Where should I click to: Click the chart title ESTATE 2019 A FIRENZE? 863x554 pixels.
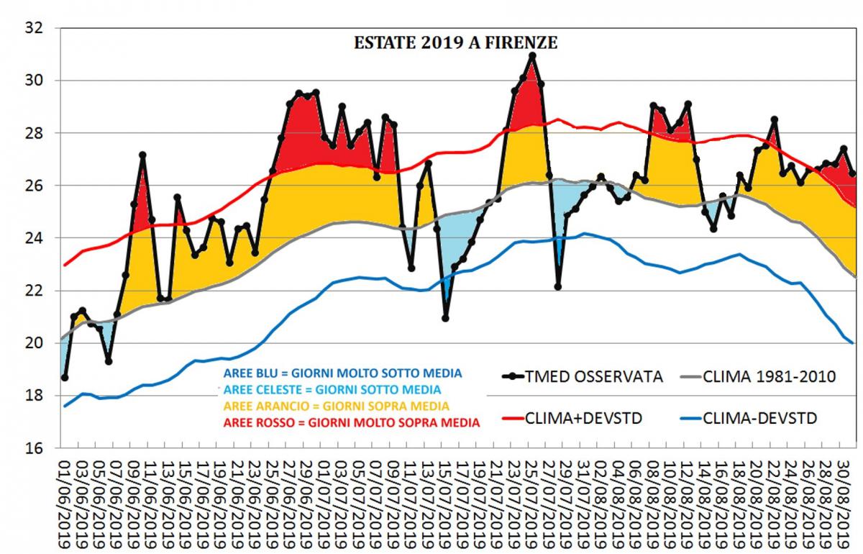click(455, 42)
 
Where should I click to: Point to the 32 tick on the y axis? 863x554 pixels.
click(35, 28)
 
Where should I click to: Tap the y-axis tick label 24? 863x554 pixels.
click(35, 238)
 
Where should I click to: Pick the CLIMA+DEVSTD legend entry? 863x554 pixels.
click(590, 417)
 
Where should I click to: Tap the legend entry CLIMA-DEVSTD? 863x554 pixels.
click(759, 417)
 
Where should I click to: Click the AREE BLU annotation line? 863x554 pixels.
click(342, 373)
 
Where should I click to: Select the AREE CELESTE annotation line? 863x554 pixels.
click(333, 389)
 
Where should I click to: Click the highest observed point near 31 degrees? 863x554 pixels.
click(532, 55)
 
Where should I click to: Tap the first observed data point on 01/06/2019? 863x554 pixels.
click(65, 378)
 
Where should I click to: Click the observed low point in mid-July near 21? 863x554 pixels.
click(446, 318)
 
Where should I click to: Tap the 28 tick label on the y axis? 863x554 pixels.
click(35, 133)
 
